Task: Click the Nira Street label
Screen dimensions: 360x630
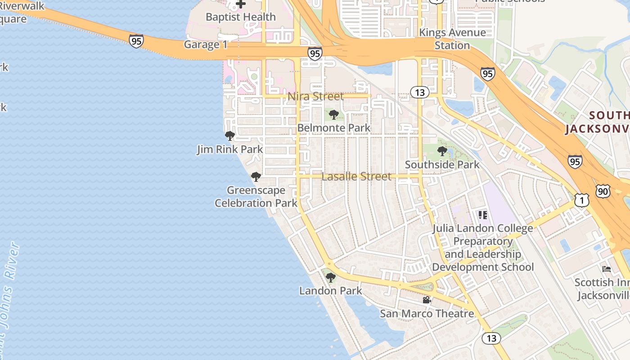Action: (315, 96)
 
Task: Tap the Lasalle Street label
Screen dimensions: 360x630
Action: (356, 176)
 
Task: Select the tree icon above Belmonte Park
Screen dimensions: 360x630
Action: (333, 115)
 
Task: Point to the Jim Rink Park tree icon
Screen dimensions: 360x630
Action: (230, 135)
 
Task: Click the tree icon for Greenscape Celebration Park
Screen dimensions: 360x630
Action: (256, 177)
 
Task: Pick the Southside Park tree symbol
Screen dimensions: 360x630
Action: (442, 151)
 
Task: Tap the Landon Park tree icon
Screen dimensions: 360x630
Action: (331, 277)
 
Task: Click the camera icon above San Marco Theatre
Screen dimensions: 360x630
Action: (427, 300)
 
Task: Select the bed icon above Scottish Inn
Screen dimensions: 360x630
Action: (607, 269)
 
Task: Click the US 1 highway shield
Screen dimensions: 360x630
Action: (582, 200)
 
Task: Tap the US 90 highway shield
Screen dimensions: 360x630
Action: (603, 191)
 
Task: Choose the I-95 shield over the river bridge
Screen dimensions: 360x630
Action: (136, 41)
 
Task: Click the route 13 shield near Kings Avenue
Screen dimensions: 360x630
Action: (419, 92)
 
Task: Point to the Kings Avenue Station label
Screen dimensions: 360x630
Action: (452, 39)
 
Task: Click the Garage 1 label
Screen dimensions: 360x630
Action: (206, 45)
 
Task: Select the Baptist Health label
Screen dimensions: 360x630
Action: (241, 17)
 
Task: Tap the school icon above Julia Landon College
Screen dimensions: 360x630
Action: (483, 215)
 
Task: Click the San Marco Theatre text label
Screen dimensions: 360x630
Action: (427, 313)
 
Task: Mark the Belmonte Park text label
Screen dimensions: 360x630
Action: (334, 128)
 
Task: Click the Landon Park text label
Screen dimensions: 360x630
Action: (331, 291)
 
